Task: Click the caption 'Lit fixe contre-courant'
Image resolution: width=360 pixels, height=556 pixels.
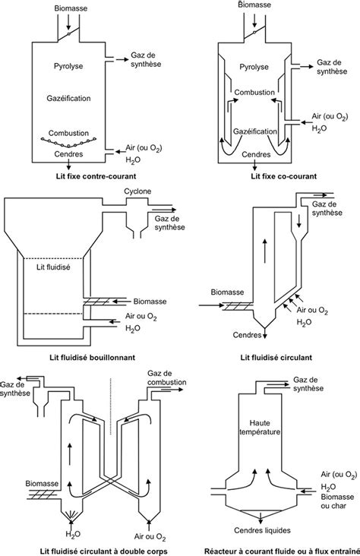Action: tap(96, 176)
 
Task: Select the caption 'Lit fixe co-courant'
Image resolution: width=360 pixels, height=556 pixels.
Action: tap(283, 176)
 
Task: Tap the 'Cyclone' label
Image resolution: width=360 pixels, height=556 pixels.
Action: tap(137, 191)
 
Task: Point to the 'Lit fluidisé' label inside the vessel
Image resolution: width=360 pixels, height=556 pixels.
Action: tap(53, 267)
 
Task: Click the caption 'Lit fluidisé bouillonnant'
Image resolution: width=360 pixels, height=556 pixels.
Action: tap(92, 358)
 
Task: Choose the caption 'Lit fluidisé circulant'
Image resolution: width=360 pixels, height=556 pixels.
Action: tap(276, 358)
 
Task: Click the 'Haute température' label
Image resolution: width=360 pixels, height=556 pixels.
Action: tap(260, 428)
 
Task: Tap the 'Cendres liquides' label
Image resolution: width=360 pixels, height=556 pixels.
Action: tap(262, 530)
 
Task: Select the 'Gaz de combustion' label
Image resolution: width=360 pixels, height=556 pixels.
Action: tap(166, 378)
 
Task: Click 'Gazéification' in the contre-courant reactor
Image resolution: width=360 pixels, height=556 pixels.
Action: tap(69, 98)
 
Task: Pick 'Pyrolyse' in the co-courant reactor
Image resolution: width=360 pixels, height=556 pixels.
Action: tap(254, 67)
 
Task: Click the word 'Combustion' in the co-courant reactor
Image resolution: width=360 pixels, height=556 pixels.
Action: tap(254, 93)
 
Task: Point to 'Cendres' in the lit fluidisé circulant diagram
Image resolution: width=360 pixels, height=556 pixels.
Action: tap(247, 335)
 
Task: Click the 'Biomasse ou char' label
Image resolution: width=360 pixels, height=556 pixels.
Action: tap(337, 501)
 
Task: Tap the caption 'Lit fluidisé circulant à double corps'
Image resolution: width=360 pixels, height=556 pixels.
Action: tap(103, 551)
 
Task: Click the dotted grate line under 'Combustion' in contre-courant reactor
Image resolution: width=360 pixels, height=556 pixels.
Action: tap(69, 142)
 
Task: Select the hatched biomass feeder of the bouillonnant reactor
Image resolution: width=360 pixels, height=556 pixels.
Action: tap(96, 302)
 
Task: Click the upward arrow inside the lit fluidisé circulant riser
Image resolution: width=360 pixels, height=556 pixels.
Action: tap(265, 251)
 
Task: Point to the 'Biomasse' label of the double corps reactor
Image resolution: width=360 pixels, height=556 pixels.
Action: tap(42, 484)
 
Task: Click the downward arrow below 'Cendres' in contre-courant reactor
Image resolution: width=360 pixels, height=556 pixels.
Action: tap(69, 165)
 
